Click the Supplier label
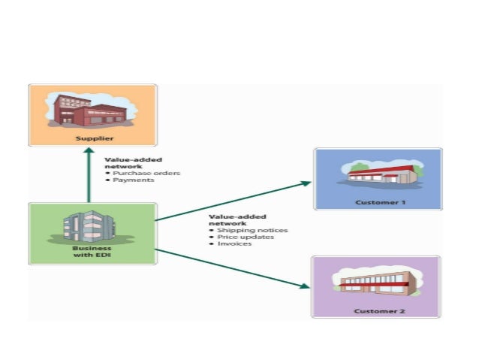pos(92,139)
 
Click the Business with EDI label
pos(92,252)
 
